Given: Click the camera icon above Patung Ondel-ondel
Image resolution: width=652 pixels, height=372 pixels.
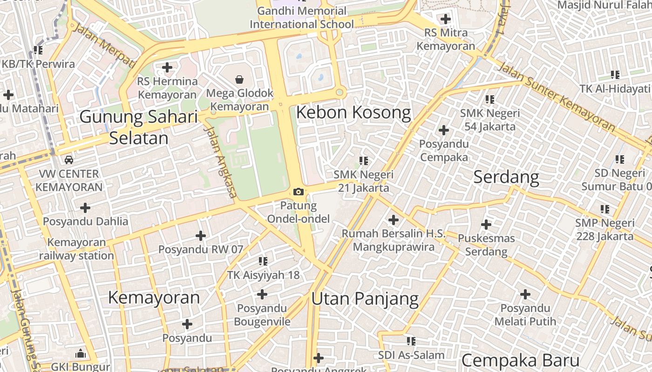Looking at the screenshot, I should click(x=299, y=192).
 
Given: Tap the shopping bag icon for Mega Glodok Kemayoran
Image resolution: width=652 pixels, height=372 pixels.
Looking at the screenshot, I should click(x=239, y=80).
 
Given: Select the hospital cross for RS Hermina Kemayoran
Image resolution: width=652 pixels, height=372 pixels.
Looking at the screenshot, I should click(x=167, y=67).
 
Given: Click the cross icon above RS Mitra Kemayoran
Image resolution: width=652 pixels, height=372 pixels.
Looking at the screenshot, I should click(x=446, y=19).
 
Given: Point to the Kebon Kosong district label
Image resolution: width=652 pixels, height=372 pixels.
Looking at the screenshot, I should click(x=353, y=113).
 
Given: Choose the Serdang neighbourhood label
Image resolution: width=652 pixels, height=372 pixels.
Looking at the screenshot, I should click(x=506, y=177).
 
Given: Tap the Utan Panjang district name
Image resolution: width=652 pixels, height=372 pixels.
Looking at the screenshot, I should click(x=365, y=299).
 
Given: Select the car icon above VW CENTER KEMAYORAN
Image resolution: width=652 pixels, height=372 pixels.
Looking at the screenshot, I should click(x=69, y=160).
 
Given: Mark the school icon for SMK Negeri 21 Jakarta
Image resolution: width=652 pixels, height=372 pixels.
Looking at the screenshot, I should click(x=364, y=161).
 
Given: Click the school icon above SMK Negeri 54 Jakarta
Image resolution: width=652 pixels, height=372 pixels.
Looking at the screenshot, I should click(x=489, y=99).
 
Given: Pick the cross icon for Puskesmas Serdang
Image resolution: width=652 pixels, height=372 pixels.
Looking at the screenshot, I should click(x=486, y=225).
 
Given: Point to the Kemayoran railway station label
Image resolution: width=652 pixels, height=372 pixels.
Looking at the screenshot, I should click(x=76, y=249).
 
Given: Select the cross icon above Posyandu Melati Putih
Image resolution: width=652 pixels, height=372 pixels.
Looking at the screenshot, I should click(x=525, y=294).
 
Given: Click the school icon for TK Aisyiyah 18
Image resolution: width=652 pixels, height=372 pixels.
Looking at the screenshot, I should click(x=263, y=261).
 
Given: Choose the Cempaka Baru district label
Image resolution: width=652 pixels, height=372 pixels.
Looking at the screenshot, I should click(x=520, y=360).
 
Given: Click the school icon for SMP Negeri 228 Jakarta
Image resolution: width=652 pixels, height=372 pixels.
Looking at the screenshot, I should click(x=605, y=209).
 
